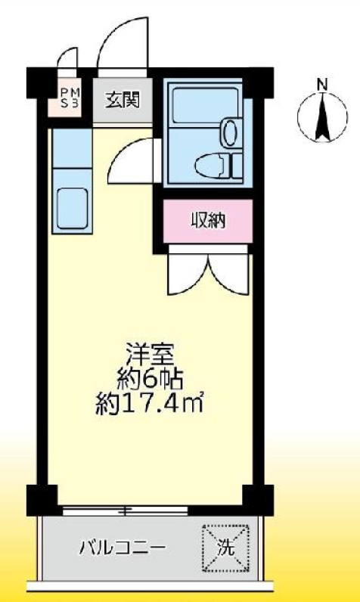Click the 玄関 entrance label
pyautogui.click(x=122, y=99)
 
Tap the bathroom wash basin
pyautogui.click(x=229, y=133)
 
